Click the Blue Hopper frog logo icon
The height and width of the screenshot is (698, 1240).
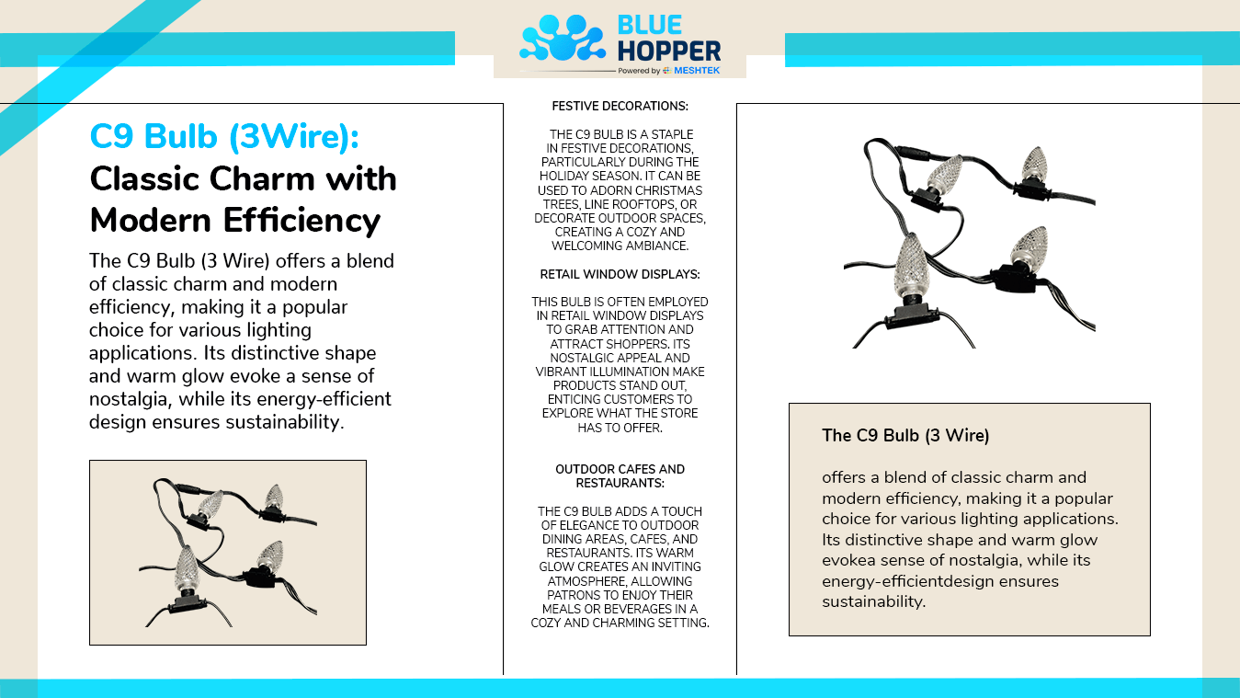click(x=563, y=38)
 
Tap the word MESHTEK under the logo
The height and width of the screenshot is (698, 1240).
click(x=697, y=71)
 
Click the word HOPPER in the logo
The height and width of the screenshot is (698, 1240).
click(x=668, y=51)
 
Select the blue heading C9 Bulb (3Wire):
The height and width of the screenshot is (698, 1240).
click(x=224, y=137)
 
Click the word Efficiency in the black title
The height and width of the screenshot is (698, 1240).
click(x=301, y=221)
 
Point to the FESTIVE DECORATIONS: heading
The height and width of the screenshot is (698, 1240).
click(x=620, y=106)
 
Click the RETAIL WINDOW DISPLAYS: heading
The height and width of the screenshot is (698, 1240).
click(x=620, y=274)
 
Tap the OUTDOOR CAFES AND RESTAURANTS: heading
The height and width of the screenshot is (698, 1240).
click(x=620, y=475)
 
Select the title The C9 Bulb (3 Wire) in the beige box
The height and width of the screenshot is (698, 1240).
click(x=905, y=435)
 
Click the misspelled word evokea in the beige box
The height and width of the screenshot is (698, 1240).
click(x=849, y=560)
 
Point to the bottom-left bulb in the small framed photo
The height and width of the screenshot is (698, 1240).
click(x=187, y=566)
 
